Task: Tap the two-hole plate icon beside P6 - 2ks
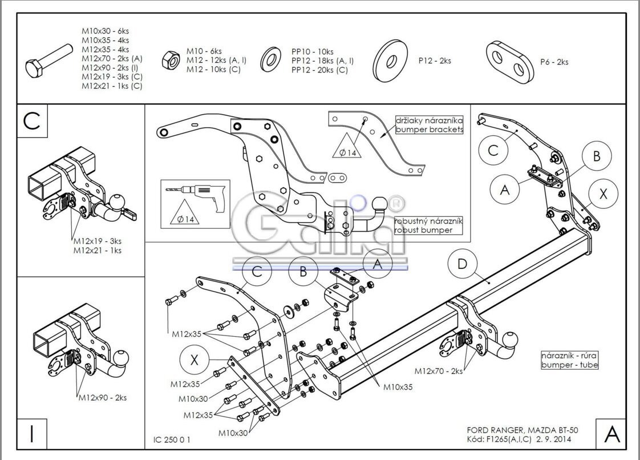pyautogui.click(x=510, y=62)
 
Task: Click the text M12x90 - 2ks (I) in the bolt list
pyautogui.click(x=110, y=68)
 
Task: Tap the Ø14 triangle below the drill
pyautogui.click(x=185, y=212)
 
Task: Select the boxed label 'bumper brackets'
pyautogui.click(x=429, y=130)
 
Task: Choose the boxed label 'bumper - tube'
pyautogui.click(x=569, y=365)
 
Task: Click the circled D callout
pyautogui.click(x=462, y=264)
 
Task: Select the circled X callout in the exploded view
pyautogui.click(x=195, y=360)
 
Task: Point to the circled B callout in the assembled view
pyautogui.click(x=596, y=156)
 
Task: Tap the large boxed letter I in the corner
pyautogui.click(x=32, y=434)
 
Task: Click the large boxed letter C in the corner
pyautogui.click(x=33, y=121)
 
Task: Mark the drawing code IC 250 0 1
pyautogui.click(x=172, y=439)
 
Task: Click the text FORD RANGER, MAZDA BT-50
pyautogui.click(x=522, y=430)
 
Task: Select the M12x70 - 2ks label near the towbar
pyautogui.click(x=439, y=371)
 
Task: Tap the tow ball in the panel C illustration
pyautogui.click(x=118, y=201)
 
